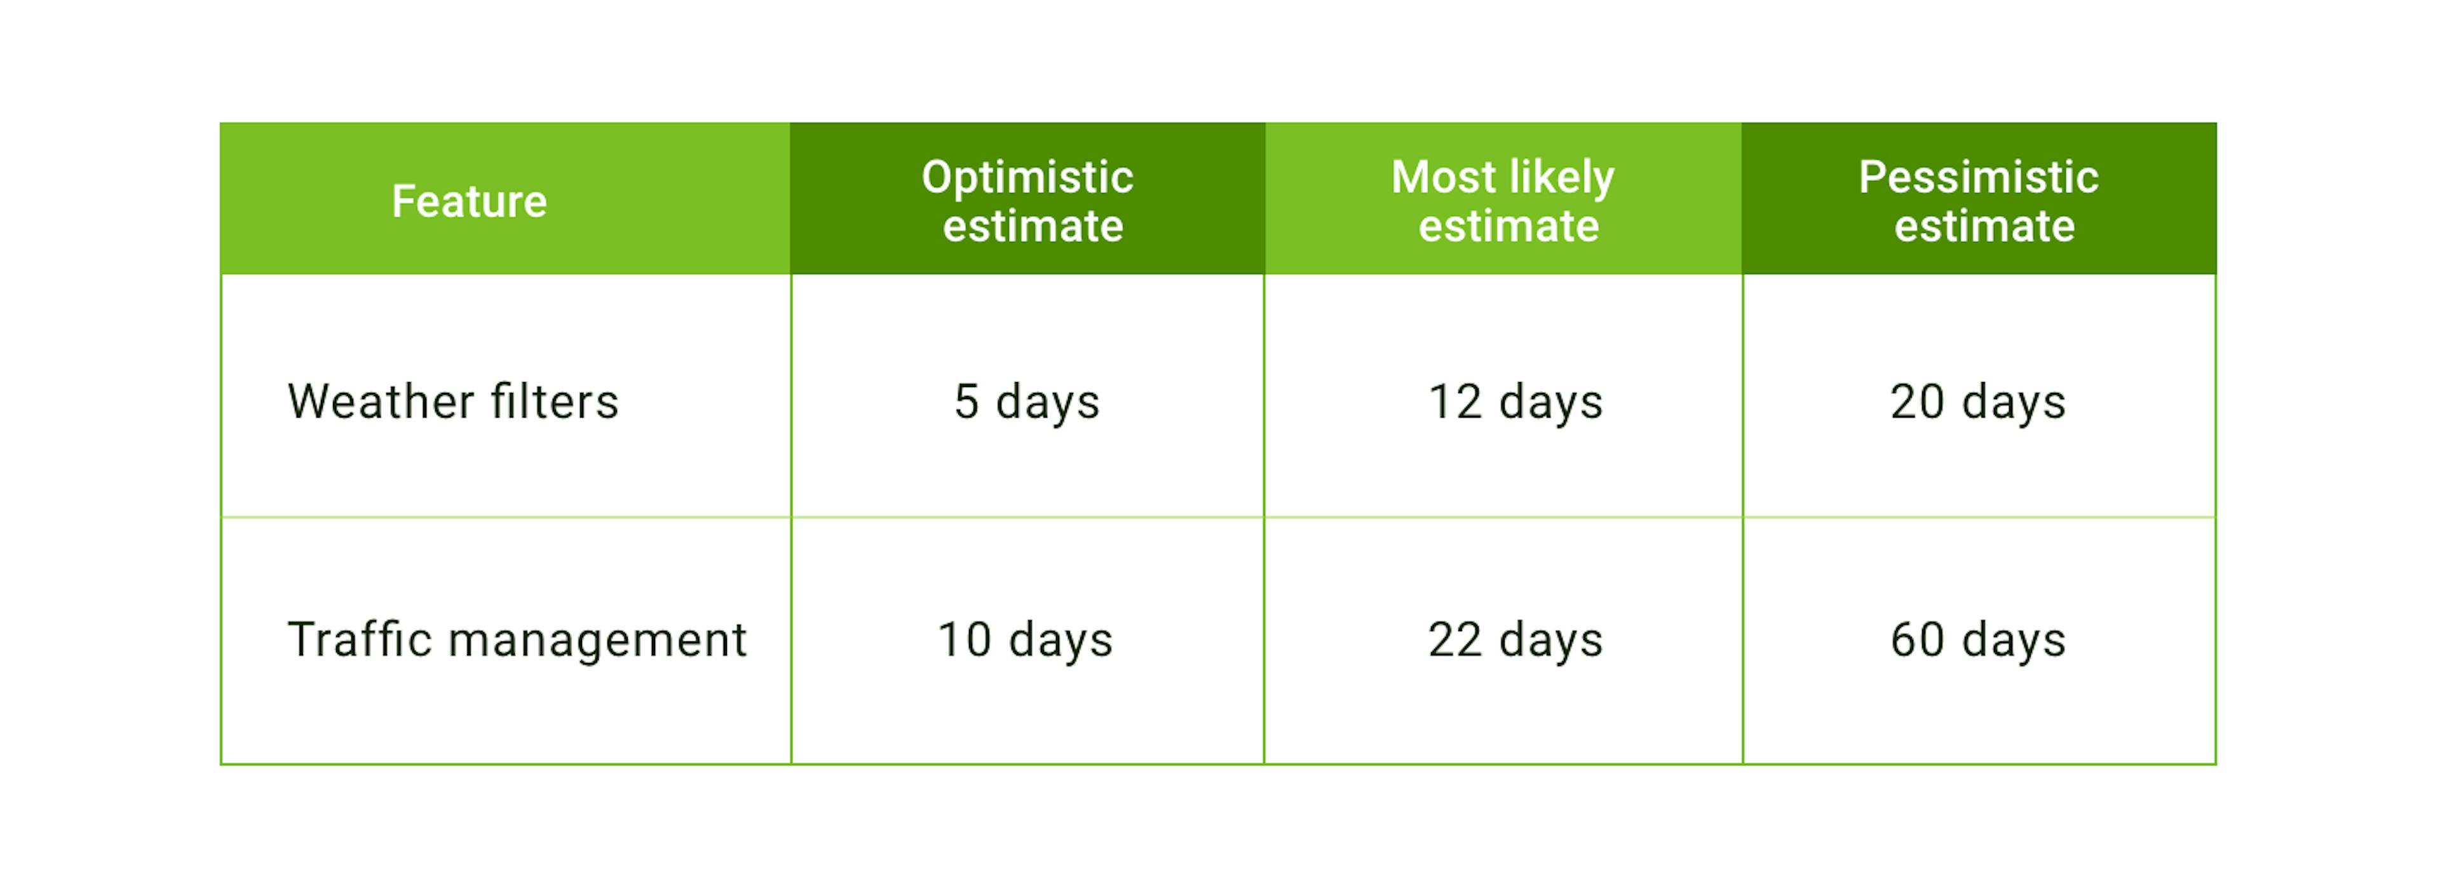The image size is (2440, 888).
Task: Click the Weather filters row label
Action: [453, 401]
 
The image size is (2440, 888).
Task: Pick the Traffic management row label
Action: [517, 639]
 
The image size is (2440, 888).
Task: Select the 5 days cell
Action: [1027, 402]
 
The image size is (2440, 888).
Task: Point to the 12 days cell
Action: [1515, 402]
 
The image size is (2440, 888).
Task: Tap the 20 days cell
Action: [1978, 402]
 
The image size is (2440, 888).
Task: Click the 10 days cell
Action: [1025, 639]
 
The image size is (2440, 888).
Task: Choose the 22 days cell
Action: [1515, 639]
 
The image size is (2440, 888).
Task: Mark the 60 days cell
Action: [1978, 639]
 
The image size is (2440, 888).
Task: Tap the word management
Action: [598, 641]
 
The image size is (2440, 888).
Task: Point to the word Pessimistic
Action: [1979, 177]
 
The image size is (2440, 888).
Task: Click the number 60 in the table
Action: [1917, 639]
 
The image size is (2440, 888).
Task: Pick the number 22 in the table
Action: [1455, 639]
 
